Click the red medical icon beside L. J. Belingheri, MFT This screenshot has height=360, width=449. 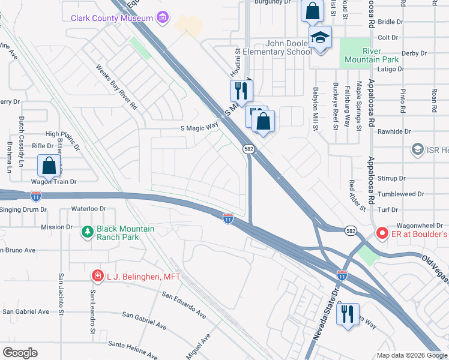tap(97, 276)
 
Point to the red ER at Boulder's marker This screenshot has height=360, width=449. tap(381, 233)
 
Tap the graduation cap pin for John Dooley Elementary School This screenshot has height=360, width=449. tap(321, 38)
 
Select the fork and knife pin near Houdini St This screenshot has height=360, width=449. tap(241, 91)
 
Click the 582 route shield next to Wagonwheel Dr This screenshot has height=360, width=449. tap(351, 230)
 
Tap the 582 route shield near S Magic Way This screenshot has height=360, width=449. tap(247, 148)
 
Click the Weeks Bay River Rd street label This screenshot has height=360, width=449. tap(117, 85)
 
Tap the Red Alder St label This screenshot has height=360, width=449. tap(358, 195)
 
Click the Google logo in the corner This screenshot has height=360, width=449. tap(20, 353)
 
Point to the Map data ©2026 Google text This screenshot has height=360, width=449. tap(411, 355)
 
